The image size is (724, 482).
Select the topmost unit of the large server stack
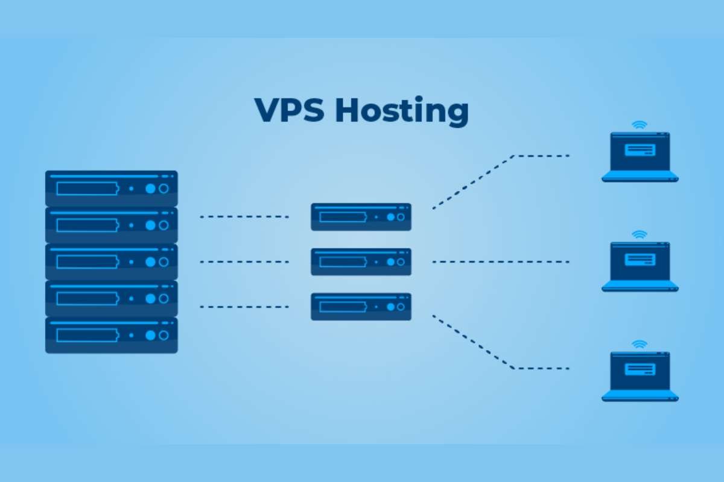point(112,189)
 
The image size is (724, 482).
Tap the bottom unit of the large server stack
point(112,335)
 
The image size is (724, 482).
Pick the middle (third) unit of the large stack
point(112,261)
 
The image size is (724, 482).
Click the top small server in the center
point(361,217)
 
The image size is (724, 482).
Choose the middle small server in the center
point(361,261)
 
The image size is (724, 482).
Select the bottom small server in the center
point(361,307)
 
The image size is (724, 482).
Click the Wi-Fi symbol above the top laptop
point(640,125)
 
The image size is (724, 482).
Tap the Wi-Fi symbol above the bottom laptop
point(640,344)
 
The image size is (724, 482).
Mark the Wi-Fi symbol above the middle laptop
point(640,234)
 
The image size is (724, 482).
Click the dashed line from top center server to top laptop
point(474,182)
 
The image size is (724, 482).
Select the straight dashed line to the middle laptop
point(501,262)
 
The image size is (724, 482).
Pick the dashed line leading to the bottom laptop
point(474,342)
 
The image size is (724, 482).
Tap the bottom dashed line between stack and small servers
point(244,307)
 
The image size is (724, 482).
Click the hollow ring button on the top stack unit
point(164,189)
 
